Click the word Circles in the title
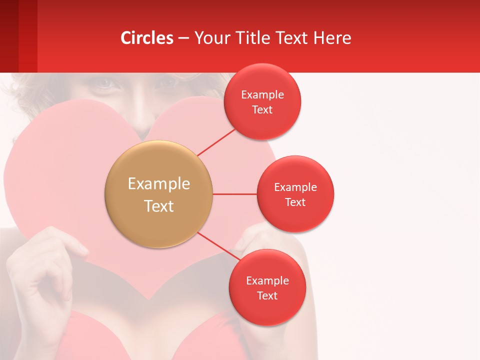[147, 38]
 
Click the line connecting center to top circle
[216, 142]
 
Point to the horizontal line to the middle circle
[234, 194]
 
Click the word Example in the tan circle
[158, 184]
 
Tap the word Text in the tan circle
[158, 206]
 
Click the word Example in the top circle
[262, 95]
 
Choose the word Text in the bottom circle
[267, 296]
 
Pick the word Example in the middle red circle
[295, 187]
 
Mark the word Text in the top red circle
[262, 110]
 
